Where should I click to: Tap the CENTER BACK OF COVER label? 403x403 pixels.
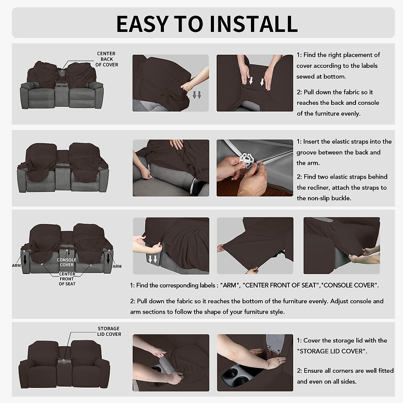coord(107,59)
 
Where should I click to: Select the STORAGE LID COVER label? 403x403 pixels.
coord(109,331)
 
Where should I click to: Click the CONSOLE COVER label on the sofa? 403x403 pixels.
coord(66,262)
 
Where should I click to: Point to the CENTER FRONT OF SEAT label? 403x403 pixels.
coord(67,279)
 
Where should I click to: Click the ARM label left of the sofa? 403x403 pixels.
coord(16,265)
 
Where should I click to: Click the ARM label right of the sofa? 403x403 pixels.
coord(117,266)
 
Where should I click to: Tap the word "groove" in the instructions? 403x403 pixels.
coord(306,152)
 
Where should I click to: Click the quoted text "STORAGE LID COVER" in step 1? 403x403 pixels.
coord(331,351)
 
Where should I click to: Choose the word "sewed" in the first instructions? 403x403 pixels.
coord(305,77)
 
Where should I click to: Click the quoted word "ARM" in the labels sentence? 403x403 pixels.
coord(230,285)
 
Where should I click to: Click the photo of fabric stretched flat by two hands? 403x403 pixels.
coord(255,245)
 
